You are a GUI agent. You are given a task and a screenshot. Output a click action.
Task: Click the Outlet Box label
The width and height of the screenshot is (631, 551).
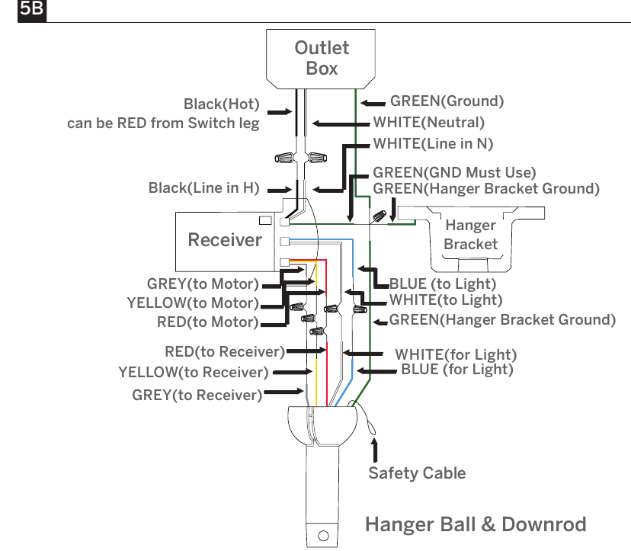(x=322, y=58)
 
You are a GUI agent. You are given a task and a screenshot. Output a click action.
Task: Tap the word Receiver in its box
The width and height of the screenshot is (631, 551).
(x=225, y=240)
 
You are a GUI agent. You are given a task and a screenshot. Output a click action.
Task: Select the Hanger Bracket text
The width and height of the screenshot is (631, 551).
(x=470, y=235)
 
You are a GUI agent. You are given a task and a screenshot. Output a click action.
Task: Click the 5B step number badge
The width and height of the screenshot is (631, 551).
(x=32, y=10)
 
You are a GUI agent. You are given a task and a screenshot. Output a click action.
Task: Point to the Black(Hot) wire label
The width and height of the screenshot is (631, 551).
(x=221, y=104)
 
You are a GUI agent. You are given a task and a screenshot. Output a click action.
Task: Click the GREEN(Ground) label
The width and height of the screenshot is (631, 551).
(x=447, y=101)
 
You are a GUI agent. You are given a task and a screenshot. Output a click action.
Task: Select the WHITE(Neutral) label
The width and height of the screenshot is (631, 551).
(x=428, y=123)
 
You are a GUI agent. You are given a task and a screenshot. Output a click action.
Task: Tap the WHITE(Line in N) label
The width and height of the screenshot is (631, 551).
(x=433, y=144)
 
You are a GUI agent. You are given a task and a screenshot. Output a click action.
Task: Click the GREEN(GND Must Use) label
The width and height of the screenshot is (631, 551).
(x=454, y=173)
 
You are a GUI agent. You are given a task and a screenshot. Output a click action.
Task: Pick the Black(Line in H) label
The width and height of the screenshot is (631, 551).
(x=203, y=188)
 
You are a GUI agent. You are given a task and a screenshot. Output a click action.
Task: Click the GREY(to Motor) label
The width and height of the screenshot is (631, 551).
(x=203, y=284)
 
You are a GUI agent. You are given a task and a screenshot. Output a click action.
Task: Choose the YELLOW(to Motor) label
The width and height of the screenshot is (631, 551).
(x=193, y=303)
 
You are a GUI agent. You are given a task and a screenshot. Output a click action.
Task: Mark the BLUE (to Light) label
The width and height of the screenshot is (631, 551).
(x=443, y=284)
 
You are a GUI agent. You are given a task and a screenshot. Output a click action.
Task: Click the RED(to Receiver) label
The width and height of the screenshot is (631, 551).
(x=225, y=352)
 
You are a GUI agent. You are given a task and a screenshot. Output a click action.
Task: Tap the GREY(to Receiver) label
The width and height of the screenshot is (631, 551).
(x=197, y=396)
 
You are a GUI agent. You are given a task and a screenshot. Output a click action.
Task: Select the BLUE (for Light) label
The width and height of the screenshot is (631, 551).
(x=457, y=370)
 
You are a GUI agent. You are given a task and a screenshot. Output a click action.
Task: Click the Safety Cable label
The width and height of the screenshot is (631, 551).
(x=417, y=473)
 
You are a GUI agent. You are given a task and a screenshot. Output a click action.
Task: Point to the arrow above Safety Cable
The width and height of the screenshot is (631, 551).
(x=375, y=450)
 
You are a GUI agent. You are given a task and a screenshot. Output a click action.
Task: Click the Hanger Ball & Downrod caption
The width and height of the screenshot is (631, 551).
(x=476, y=524)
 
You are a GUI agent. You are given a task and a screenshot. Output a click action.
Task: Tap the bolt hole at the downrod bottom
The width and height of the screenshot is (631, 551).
(x=323, y=536)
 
